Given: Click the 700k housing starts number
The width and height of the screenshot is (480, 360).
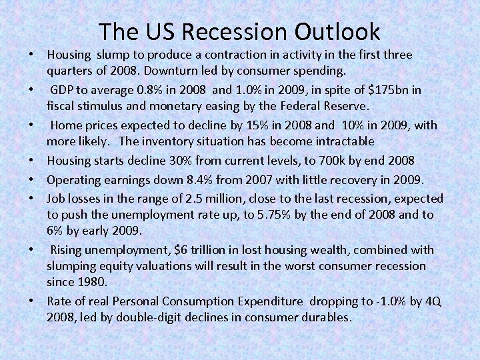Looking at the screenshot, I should point(290,160).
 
